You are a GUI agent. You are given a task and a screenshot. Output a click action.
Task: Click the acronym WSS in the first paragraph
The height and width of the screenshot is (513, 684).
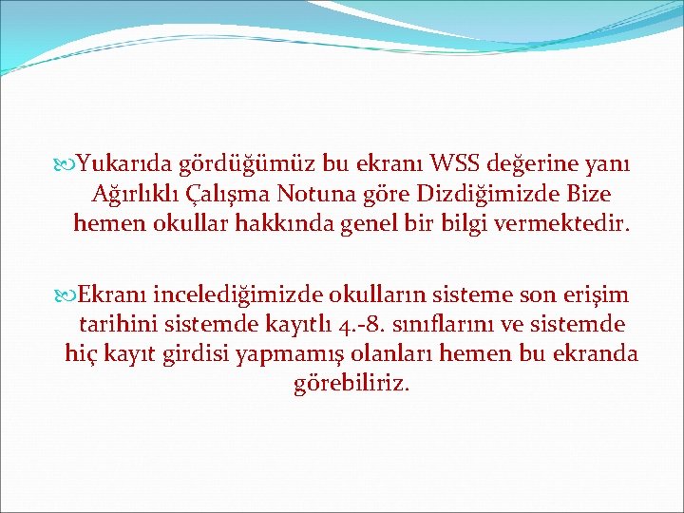pyautogui.click(x=458, y=165)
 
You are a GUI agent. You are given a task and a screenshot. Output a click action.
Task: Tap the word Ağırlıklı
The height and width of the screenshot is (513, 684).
pyautogui.click(x=135, y=195)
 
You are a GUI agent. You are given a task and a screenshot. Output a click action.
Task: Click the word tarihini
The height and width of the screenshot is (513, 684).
pyautogui.click(x=107, y=325)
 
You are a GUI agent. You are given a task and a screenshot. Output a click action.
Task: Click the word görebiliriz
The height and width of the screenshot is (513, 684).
pyautogui.click(x=352, y=384)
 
